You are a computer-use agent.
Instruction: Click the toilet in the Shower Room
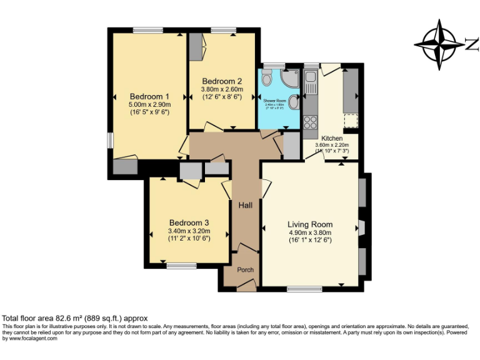pyautogui.click(x=267, y=79)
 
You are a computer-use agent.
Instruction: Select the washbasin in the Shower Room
pyautogui.click(x=294, y=105)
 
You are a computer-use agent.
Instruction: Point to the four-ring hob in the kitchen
pyautogui.click(x=311, y=121)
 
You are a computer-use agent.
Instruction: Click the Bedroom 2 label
pyautogui.click(x=222, y=81)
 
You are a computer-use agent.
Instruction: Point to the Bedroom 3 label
pyautogui.click(x=189, y=222)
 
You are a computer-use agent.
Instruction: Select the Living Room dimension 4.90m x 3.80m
pyautogui.click(x=310, y=232)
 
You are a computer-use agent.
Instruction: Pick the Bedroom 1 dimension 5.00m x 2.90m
pyautogui.click(x=149, y=105)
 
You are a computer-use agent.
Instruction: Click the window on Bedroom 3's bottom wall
pyautogui.click(x=181, y=266)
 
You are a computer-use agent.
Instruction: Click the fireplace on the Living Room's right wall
pyautogui.click(x=362, y=226)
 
